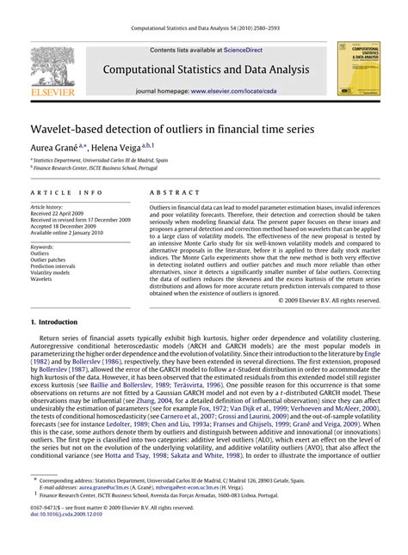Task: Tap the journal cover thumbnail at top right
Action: pyautogui.click(x=356, y=68)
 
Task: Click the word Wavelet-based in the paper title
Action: pyautogui.click(x=71, y=129)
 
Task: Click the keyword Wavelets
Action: pyautogui.click(x=42, y=279)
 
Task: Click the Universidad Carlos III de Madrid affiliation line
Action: pyautogui.click(x=101, y=160)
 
